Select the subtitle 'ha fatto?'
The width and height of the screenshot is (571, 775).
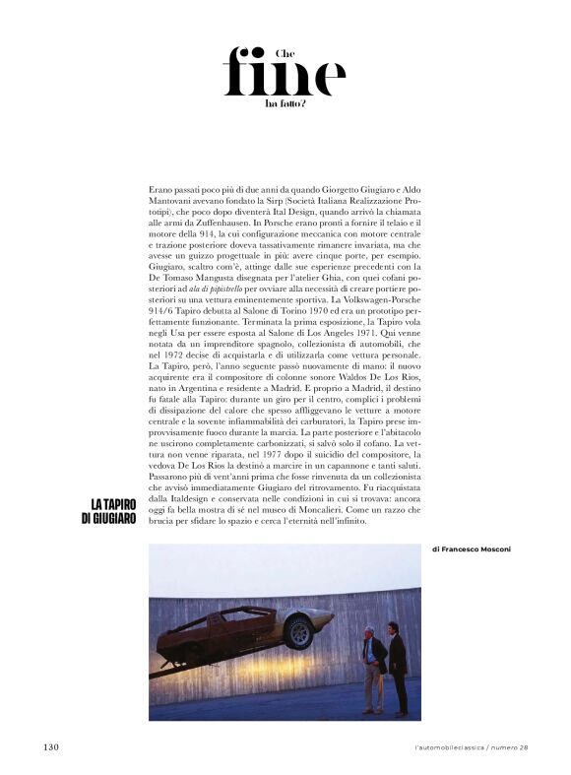285,102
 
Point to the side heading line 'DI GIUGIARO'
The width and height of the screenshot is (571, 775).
108,519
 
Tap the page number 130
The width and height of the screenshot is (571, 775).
51,746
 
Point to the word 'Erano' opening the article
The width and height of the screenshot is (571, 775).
159,187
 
